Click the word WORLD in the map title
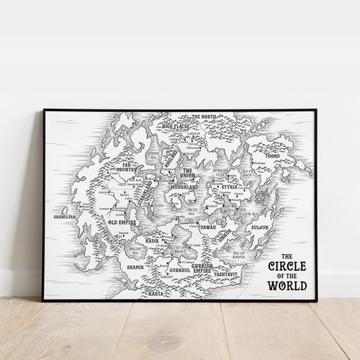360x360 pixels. [x=287, y=285]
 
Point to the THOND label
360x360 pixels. [x=272, y=156]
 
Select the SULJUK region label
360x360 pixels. [x=258, y=227]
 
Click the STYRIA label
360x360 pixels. [x=230, y=186]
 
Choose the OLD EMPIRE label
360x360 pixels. [x=122, y=222]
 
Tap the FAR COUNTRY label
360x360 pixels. [x=130, y=167]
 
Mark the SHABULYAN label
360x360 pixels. [x=65, y=216]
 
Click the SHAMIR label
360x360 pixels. [x=135, y=266]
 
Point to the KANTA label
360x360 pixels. [x=156, y=293]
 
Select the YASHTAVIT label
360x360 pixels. [x=225, y=274]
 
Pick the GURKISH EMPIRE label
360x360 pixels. [x=202, y=268]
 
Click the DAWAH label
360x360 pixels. [x=207, y=227]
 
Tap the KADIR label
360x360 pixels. [x=152, y=240]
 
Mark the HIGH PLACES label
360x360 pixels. [x=174, y=125]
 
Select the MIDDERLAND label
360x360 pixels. [x=184, y=186]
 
